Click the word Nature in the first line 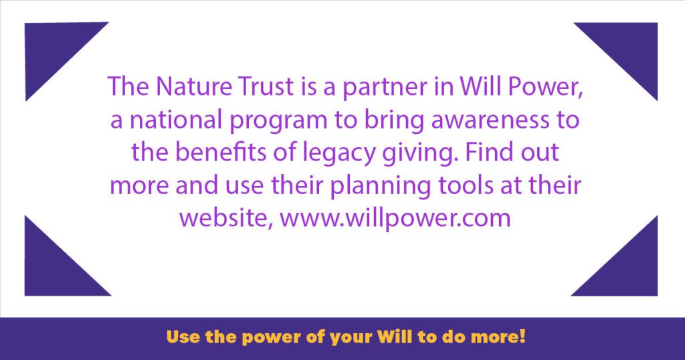coord(193,86)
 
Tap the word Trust coord(266,86)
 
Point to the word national coord(176,119)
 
